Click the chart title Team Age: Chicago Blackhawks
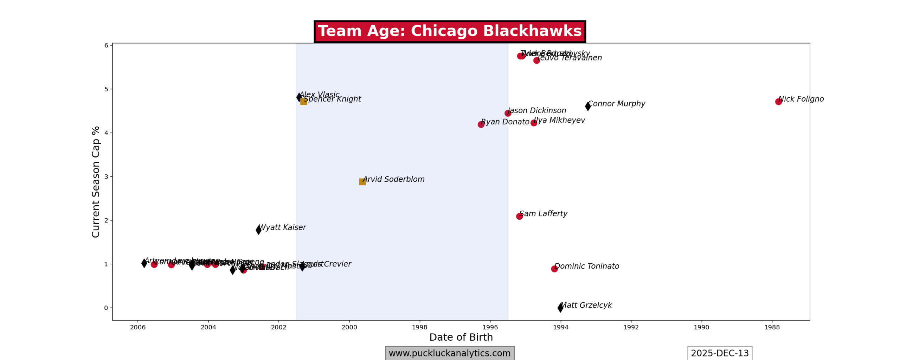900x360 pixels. [x=449, y=31]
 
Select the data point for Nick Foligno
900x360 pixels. [x=778, y=102]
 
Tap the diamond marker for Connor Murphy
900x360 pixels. [x=588, y=106]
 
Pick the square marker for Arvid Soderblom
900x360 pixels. [x=362, y=182]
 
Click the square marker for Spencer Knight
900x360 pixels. [x=304, y=102]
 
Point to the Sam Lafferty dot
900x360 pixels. [x=519, y=216]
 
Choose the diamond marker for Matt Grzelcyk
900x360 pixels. [x=560, y=308]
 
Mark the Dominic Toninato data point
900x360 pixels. [x=554, y=269]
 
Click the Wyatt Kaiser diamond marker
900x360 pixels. [x=258, y=230]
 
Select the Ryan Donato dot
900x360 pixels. [x=481, y=124]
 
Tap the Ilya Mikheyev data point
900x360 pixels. [x=534, y=123]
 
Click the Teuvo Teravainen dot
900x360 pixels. [x=536, y=60]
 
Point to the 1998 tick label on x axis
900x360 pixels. [x=420, y=327]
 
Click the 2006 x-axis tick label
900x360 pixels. [x=138, y=327]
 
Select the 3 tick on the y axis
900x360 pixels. [x=106, y=176]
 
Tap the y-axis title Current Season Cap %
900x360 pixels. [x=96, y=182]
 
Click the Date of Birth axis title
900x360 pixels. [x=461, y=337]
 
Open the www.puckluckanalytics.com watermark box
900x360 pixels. [x=449, y=353]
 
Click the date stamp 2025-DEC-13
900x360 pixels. [x=720, y=353]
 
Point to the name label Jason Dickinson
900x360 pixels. [x=537, y=111]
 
